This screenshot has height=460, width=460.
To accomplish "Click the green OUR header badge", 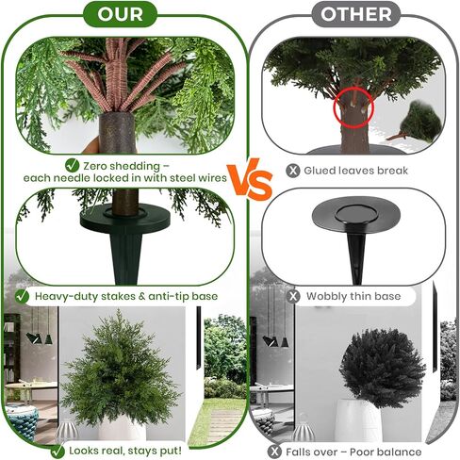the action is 120,14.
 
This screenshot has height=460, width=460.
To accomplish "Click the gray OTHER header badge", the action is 356,14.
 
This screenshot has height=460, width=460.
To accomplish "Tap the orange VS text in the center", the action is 250,180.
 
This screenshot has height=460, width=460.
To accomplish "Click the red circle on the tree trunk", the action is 353,107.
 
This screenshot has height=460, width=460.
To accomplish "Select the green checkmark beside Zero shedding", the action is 72,165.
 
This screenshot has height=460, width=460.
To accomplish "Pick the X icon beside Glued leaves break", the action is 293,171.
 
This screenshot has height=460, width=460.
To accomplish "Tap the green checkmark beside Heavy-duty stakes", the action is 22,296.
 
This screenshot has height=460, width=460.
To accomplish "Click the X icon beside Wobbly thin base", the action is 293,296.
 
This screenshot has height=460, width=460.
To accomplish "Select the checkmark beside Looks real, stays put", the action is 57,452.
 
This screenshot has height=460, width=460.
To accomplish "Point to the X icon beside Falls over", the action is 275,452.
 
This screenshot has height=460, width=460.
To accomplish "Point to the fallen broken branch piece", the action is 415,122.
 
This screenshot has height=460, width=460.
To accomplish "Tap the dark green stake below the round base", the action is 125,257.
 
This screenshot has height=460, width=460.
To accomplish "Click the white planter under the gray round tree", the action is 357,420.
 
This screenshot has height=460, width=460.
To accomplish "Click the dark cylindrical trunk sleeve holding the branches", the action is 118,132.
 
